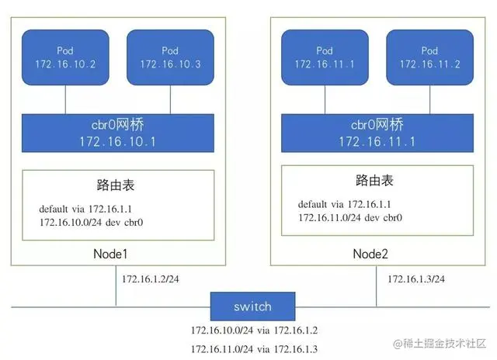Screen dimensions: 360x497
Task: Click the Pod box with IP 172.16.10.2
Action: pos(65,57)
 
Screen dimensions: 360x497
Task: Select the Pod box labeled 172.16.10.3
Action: pos(170,57)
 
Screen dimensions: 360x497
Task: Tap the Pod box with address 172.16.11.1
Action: pos(324,57)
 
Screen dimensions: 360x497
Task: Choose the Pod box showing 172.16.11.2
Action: pos(429,57)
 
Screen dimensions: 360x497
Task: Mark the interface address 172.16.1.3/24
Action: pos(415,277)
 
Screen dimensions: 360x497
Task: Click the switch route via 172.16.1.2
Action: pos(253,331)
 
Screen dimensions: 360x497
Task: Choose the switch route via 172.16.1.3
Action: pos(253,349)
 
